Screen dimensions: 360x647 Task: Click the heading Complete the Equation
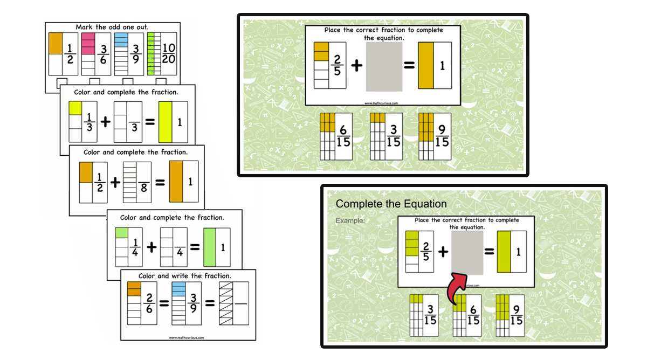(x=391, y=204)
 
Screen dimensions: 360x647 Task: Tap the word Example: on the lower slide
(x=350, y=220)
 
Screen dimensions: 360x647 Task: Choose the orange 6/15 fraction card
(x=335, y=136)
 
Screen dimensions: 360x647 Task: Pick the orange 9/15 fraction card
(x=435, y=136)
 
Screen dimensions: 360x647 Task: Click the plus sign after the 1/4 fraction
(x=152, y=247)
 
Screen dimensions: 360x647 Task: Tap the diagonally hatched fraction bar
(x=233, y=303)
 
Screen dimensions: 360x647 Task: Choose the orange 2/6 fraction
(x=141, y=303)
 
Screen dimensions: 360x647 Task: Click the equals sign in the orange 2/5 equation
(x=409, y=66)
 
